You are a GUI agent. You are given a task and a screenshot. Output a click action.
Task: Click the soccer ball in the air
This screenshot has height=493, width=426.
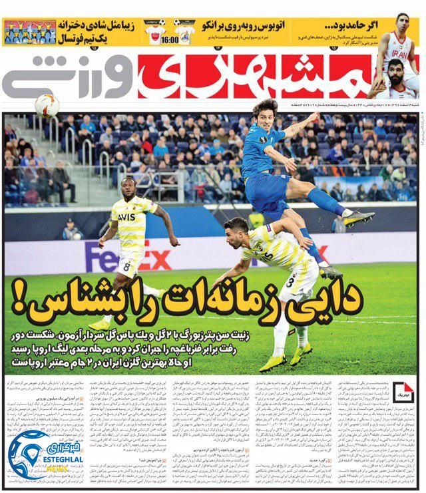(47, 104)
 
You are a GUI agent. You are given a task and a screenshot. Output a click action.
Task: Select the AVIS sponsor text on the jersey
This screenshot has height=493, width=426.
(126, 217)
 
